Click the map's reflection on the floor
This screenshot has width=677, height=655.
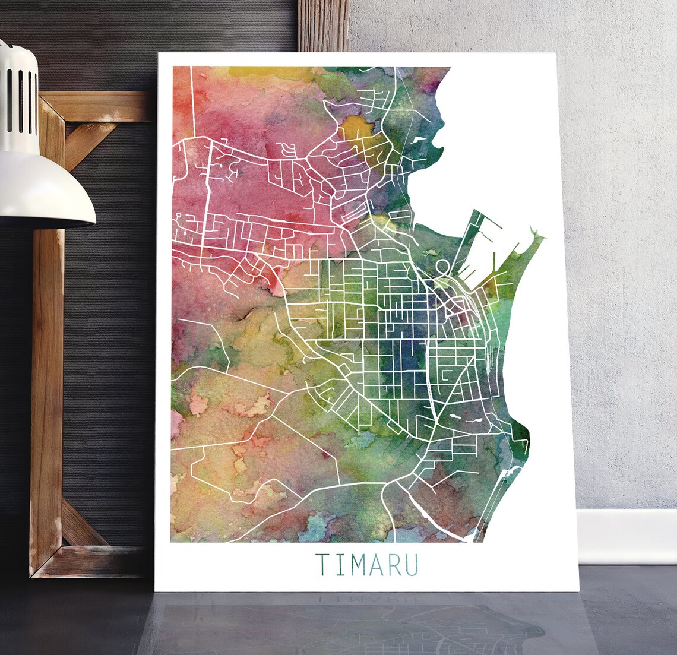pyautogui.click(x=356, y=624)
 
